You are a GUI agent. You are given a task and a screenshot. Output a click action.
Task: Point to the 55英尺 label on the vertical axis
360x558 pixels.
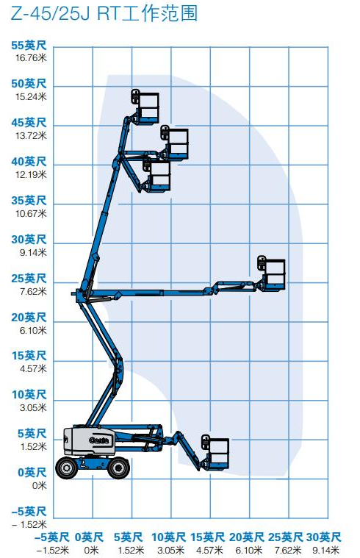click(x=29, y=44)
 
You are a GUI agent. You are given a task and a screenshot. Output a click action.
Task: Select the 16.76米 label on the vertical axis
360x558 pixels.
click(x=29, y=57)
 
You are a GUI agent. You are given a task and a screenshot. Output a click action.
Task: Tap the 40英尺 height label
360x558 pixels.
click(x=29, y=161)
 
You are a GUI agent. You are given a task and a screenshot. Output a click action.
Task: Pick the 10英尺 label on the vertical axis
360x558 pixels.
click(x=29, y=395)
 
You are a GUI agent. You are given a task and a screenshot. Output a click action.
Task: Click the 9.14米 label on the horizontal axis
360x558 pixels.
click(x=323, y=549)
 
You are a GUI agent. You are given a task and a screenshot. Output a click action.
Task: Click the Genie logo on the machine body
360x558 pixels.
click(x=99, y=440)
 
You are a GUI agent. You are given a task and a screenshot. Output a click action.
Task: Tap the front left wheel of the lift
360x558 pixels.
click(x=68, y=468)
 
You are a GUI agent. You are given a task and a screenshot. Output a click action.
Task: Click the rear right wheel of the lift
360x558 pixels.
click(x=118, y=468)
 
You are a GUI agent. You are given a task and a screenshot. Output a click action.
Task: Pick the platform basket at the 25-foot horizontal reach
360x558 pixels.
click(x=273, y=273)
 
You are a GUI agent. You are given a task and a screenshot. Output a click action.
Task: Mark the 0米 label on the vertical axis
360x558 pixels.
click(x=38, y=485)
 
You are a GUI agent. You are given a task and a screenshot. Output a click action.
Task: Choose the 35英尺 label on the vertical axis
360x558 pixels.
click(x=29, y=200)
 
